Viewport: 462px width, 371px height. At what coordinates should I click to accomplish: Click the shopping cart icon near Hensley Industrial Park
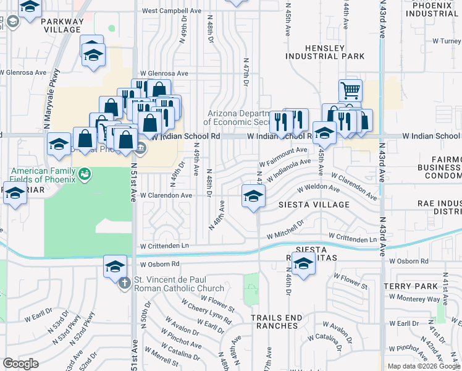[350, 90]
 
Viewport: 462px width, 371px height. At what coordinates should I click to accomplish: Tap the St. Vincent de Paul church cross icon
[124, 283]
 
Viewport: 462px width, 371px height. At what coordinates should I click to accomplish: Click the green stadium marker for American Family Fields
[85, 176]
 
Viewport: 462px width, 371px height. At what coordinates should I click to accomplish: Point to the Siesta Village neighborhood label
[313, 204]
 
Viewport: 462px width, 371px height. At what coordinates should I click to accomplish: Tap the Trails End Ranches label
[277, 322]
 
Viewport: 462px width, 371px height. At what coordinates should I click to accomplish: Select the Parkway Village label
[61, 25]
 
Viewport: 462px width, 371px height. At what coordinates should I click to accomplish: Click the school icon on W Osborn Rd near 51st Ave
[115, 266]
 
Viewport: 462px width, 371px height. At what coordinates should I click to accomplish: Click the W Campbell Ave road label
[171, 11]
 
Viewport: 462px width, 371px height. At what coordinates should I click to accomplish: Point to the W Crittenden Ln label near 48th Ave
[164, 245]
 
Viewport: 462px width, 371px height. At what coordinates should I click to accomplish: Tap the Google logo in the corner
[20, 363]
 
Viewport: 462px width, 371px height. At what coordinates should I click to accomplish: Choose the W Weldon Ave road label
[318, 188]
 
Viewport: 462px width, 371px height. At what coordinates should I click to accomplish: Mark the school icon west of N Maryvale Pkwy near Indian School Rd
[59, 144]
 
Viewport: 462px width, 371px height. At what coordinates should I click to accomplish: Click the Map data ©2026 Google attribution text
[423, 366]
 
